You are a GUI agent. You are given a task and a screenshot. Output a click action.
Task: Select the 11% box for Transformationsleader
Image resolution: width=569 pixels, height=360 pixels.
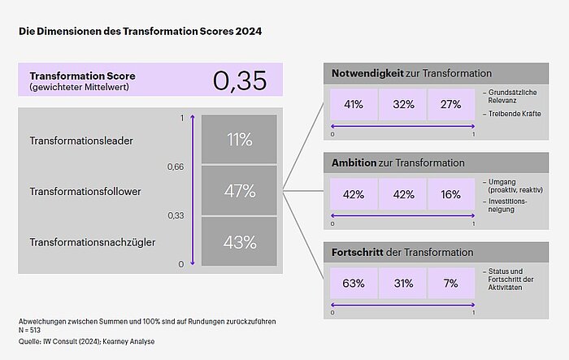point(240,140)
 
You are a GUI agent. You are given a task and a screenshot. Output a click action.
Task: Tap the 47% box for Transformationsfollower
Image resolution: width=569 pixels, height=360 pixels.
point(240,191)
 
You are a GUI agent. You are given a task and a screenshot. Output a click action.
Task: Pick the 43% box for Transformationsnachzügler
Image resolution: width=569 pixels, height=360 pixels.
point(240,241)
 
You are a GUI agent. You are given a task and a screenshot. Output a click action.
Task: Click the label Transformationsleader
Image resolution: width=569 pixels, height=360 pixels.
point(81,141)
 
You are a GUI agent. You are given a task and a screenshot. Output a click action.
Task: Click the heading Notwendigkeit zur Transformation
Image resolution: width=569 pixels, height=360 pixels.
point(411,74)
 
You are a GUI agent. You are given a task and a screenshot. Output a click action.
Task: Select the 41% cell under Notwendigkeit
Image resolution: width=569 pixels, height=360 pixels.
point(354,104)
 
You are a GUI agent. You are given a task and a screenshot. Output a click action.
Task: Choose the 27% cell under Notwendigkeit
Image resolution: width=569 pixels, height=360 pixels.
point(451,104)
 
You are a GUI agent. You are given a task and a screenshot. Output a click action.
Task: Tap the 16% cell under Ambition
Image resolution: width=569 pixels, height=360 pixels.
point(451,194)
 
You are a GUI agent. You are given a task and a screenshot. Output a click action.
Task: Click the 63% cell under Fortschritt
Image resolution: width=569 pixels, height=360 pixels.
point(354,284)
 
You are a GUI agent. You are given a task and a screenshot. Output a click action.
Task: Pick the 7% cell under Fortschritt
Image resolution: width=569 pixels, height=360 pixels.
point(451,284)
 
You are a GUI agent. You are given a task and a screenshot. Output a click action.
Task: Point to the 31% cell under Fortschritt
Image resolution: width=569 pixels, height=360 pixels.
point(402,284)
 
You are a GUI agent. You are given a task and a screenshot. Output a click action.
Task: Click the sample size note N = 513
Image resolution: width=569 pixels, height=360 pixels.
point(30,331)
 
